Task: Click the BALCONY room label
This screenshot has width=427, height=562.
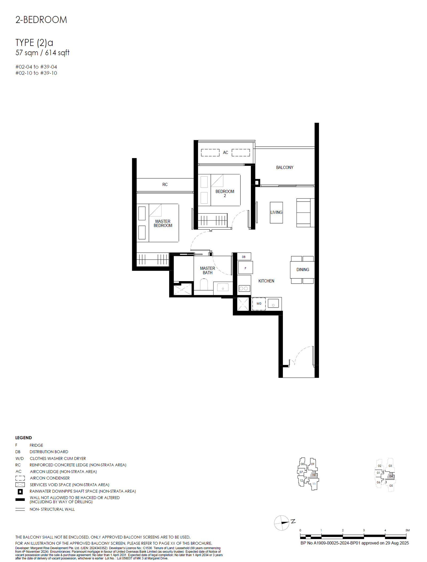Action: [x=284, y=167]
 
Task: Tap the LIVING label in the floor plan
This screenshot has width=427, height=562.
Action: [x=276, y=212]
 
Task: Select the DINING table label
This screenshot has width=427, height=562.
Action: [x=303, y=270]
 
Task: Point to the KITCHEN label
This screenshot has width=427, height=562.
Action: [x=266, y=281]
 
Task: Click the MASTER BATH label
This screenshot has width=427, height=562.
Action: [x=207, y=270]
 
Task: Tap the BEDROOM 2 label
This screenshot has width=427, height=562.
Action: [x=225, y=193]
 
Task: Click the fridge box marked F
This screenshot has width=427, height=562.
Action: [x=245, y=268]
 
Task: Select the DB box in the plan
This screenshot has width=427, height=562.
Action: [x=244, y=257]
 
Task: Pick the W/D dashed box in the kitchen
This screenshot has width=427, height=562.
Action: [x=259, y=304]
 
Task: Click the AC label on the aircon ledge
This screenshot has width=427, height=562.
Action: [x=226, y=152]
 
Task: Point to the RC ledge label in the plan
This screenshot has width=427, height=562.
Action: [x=165, y=184]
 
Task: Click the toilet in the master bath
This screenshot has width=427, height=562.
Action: [x=204, y=284]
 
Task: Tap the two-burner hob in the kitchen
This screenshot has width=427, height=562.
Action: [x=244, y=288]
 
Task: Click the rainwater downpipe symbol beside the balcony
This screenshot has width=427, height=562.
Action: [x=257, y=183]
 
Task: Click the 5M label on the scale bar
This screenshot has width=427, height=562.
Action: [x=408, y=530]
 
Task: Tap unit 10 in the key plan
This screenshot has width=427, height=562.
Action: [x=314, y=475]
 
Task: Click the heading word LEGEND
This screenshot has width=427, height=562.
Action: [x=23, y=438]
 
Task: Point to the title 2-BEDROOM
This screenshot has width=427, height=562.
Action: [x=41, y=20]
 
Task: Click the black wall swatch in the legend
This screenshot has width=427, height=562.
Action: [x=20, y=500]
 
